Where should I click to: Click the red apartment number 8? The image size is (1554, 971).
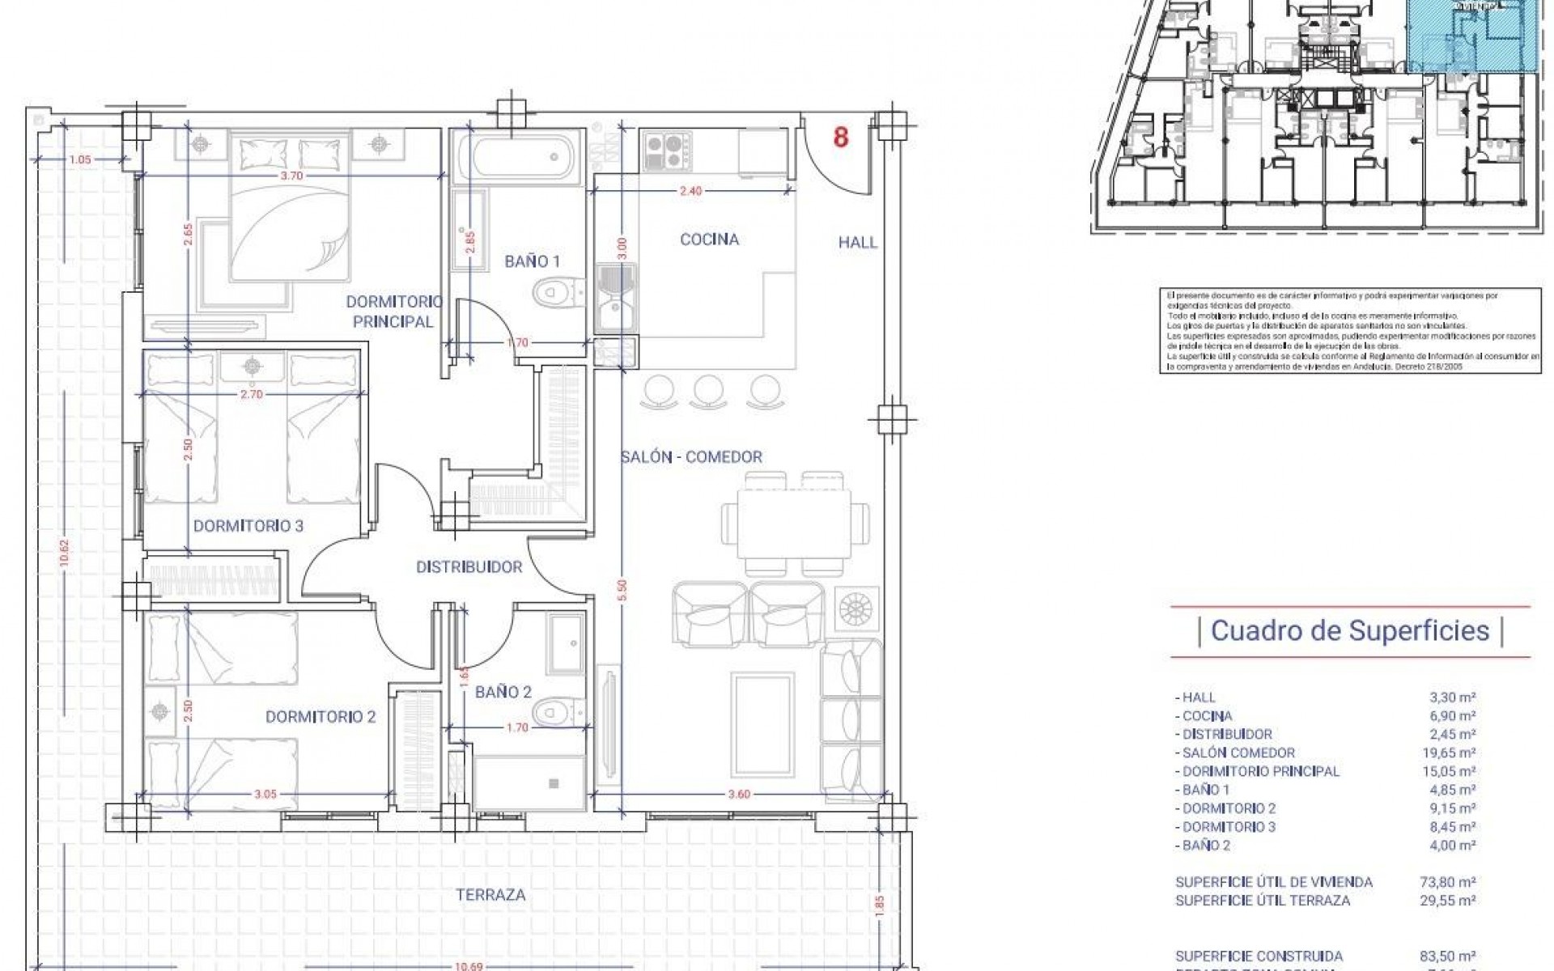pos(841,138)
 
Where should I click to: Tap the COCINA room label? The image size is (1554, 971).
pos(709,240)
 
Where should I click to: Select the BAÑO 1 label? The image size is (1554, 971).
pos(532,261)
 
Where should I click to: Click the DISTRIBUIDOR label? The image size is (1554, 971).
pos(469,567)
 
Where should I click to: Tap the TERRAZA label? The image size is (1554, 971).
pos(490,895)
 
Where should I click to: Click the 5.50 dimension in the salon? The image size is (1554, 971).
pos(621,589)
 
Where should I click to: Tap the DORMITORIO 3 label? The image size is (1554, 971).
pos(248,526)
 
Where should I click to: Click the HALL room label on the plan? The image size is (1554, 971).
pos(857,242)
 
